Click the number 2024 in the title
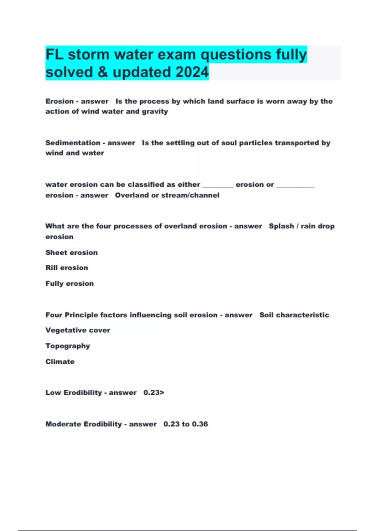[192, 72]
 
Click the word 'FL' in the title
[55, 55]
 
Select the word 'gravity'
[155, 112]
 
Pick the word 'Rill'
[51, 268]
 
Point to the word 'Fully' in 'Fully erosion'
[54, 284]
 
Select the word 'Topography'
[67, 346]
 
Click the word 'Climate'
[60, 362]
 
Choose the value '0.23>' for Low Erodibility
[154, 393]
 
